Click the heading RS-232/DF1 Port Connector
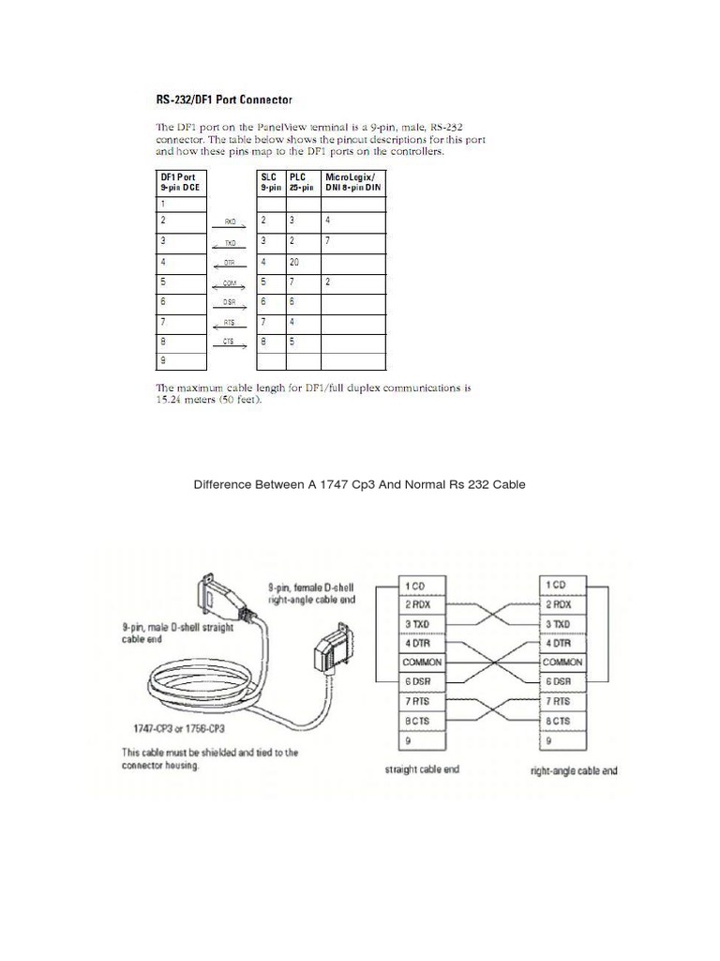[x=223, y=99]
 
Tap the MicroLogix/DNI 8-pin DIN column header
[x=352, y=181]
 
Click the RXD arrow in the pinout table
[x=230, y=222]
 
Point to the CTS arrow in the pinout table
[x=230, y=343]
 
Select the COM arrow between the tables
[x=230, y=282]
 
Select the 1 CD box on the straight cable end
[x=422, y=587]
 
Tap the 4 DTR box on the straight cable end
[x=422, y=643]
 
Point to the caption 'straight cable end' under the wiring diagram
[x=422, y=770]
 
